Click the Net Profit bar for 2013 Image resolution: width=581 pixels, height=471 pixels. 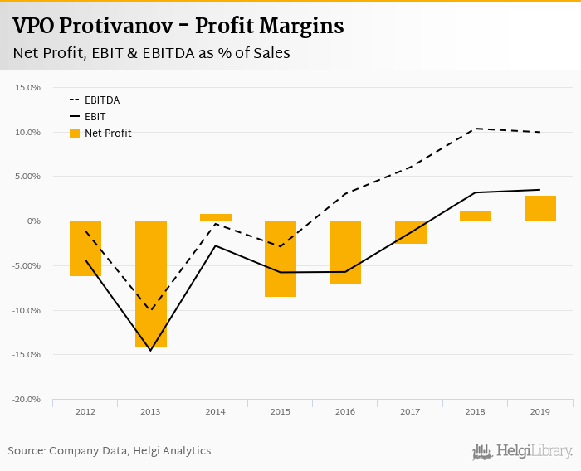[x=151, y=283]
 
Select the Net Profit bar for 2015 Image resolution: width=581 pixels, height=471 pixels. [x=281, y=259]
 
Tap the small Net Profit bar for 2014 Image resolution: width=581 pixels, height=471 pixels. [x=216, y=217]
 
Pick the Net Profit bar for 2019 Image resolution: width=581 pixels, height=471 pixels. [x=540, y=208]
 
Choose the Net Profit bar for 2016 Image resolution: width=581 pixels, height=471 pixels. [x=345, y=252]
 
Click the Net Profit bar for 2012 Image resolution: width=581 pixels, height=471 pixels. [x=85, y=248]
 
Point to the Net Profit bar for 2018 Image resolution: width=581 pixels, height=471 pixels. [x=476, y=216]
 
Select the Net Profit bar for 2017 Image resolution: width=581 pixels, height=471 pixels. [x=411, y=232]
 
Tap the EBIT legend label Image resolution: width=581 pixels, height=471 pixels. [x=95, y=117]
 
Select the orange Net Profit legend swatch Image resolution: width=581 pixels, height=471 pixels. [x=75, y=134]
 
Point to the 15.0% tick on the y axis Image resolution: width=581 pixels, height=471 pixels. [x=28, y=87]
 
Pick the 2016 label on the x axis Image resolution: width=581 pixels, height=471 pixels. [x=345, y=411]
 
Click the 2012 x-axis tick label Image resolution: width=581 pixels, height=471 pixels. [x=85, y=411]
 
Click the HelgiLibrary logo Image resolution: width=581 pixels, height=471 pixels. [x=523, y=451]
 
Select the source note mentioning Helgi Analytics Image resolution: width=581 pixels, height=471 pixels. [x=110, y=451]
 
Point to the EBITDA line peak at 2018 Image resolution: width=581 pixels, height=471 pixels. [x=476, y=129]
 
